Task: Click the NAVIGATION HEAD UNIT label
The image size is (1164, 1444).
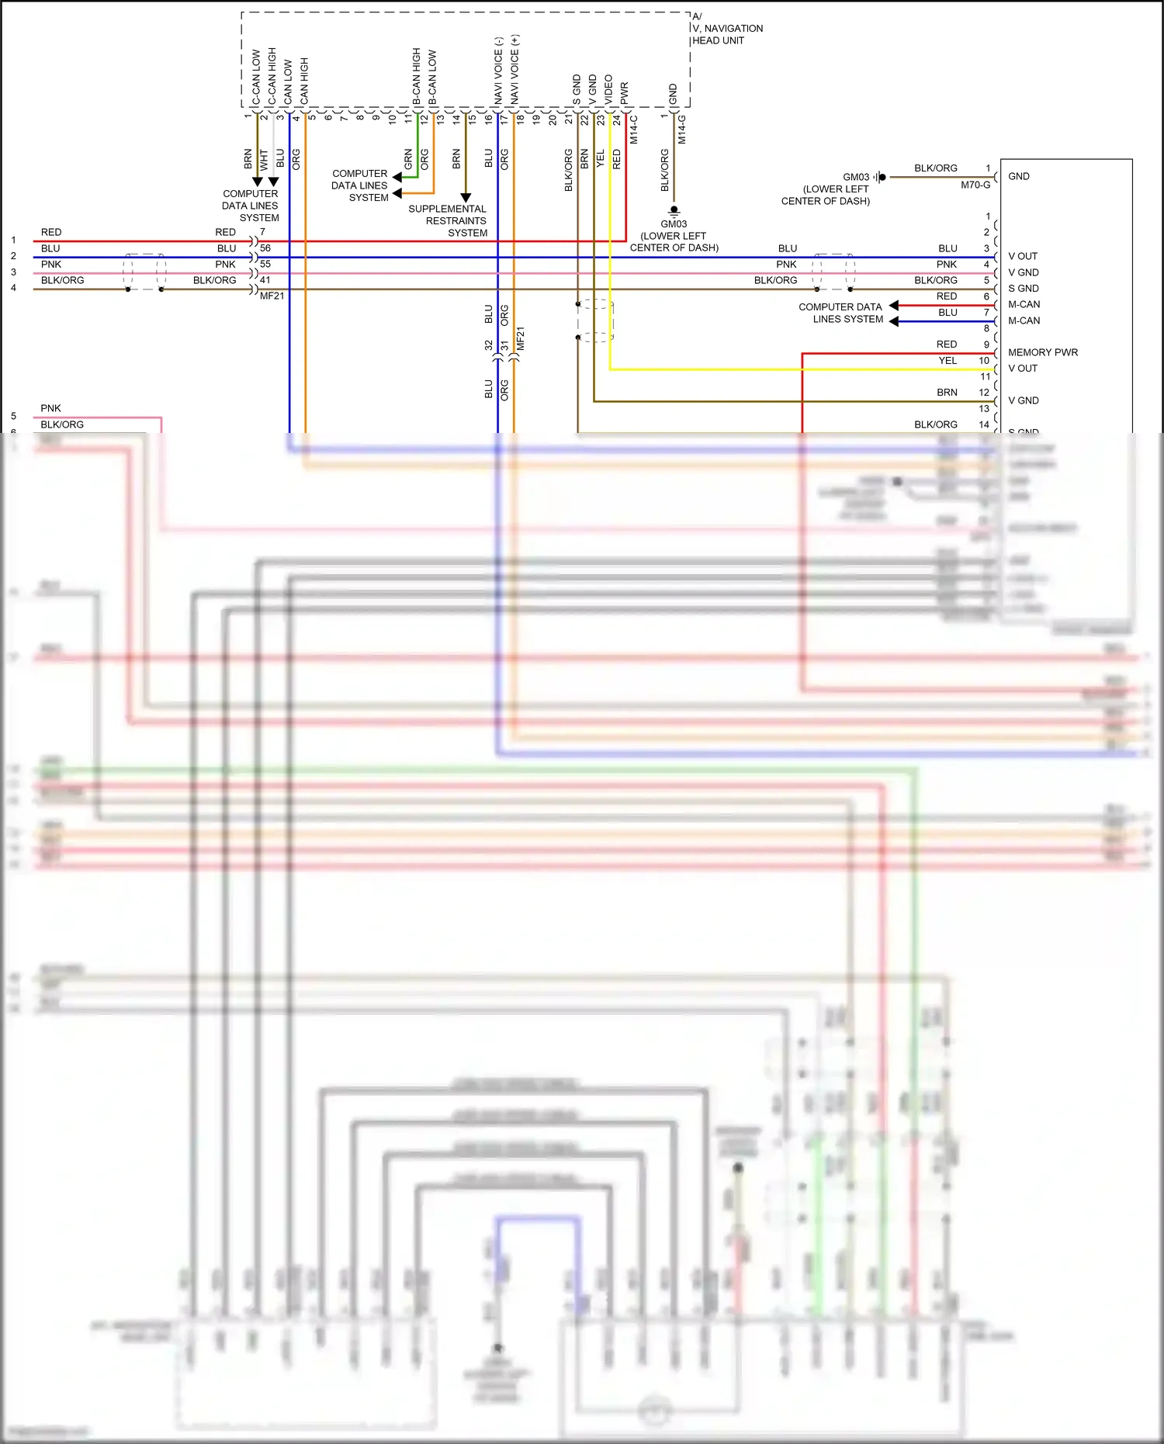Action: [727, 34]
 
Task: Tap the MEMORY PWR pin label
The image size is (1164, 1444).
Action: [1042, 352]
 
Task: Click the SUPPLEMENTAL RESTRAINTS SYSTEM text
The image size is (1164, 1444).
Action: [448, 221]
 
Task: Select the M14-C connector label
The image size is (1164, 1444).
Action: [633, 130]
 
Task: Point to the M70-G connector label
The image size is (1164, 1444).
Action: [975, 185]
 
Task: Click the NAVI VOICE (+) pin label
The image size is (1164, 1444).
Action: [514, 70]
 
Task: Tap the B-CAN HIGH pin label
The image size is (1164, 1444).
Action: [417, 76]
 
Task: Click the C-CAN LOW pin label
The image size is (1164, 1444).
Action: [256, 78]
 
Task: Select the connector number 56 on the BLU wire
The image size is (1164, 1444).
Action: [265, 248]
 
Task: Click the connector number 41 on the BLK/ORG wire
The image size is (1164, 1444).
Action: [265, 280]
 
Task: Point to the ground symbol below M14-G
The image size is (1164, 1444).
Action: [674, 210]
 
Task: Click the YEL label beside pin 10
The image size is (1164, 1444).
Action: [947, 361]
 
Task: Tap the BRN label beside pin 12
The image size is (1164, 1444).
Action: [947, 393]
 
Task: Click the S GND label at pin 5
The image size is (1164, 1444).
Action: [1023, 289]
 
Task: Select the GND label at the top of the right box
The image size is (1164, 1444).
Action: [1018, 177]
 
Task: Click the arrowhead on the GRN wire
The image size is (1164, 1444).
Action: [397, 177]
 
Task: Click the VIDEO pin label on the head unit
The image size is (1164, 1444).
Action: [608, 89]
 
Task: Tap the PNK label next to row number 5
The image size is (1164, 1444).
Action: [50, 408]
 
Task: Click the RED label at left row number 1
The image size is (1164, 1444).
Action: [51, 232]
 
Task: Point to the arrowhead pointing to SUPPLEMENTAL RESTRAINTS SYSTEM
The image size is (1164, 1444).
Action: [466, 198]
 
